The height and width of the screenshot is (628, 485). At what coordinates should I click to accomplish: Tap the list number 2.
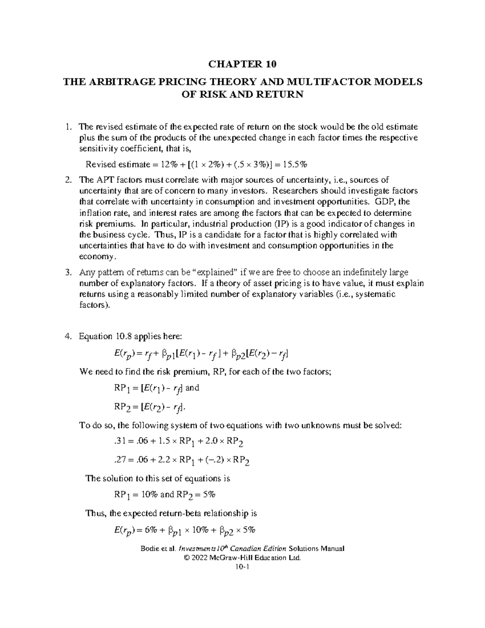tap(68, 180)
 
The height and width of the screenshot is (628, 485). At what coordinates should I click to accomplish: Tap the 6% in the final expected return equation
tap(153, 530)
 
